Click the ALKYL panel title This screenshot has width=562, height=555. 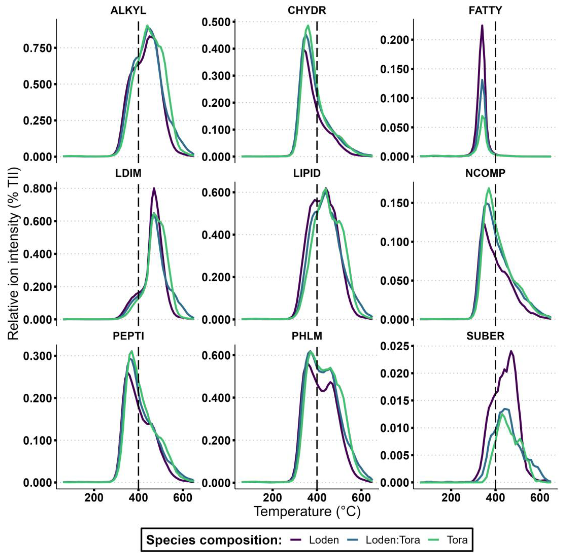pyautogui.click(x=128, y=10)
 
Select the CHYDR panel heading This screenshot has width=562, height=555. pyautogui.click(x=307, y=10)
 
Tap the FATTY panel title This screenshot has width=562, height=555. pyautogui.click(x=485, y=10)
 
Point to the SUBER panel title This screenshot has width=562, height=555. pyautogui.click(x=485, y=336)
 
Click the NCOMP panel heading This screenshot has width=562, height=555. pyautogui.click(x=485, y=173)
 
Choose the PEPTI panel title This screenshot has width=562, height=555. pyautogui.click(x=128, y=336)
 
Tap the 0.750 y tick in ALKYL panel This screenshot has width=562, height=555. pyautogui.click(x=38, y=48)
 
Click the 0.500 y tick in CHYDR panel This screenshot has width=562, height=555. pyautogui.click(x=216, y=22)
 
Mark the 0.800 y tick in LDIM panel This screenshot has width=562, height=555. pyautogui.click(x=38, y=188)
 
